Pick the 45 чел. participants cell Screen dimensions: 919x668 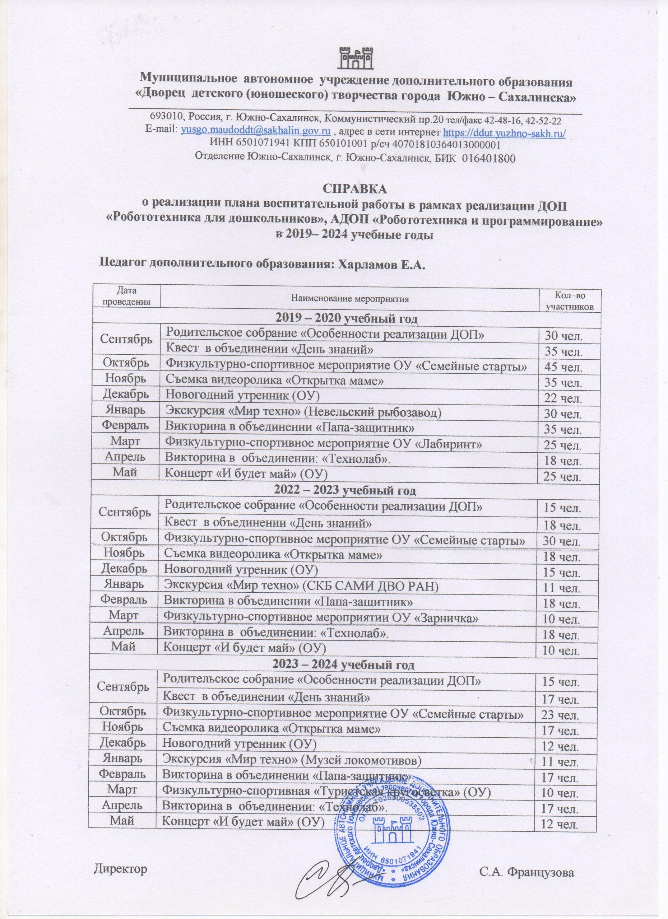point(563,368)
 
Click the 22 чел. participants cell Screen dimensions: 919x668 point(563,398)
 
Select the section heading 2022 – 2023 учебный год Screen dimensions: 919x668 point(345,490)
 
